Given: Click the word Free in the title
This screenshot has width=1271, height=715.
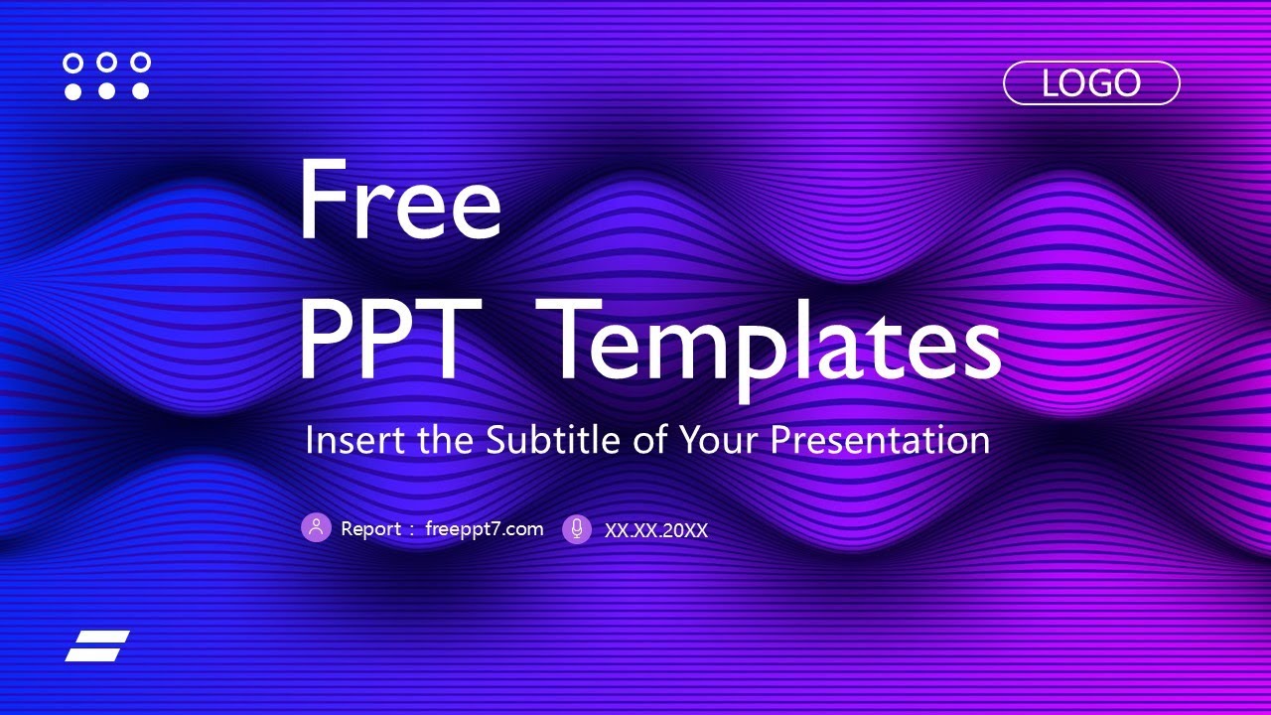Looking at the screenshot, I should coord(399,202).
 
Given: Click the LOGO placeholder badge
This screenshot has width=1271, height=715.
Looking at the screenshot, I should coord(1091,83).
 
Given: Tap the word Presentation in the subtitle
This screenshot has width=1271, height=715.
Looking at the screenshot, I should coord(880,441).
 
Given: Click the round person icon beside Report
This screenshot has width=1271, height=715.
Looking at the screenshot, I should coord(316,528).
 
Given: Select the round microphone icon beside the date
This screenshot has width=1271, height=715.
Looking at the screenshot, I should coord(577,529).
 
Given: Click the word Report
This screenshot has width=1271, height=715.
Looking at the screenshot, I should coord(370,529).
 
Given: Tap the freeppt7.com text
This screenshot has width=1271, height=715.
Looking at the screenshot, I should coord(484,529).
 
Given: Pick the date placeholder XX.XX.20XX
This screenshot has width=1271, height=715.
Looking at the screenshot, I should coord(656,530).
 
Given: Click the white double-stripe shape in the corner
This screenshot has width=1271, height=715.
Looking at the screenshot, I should coord(97,645).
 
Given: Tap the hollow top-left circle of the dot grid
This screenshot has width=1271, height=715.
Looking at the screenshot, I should coord(72,63).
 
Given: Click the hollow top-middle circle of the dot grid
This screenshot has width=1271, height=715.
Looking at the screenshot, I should coord(106,63).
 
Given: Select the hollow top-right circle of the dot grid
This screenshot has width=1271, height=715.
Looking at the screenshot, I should coord(140,63).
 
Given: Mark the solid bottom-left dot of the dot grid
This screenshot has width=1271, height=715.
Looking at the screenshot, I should coord(72,91).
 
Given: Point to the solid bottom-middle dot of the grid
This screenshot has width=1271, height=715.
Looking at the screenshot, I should coord(106,91).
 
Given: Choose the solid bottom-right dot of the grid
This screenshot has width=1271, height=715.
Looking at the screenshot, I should coord(140,91).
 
